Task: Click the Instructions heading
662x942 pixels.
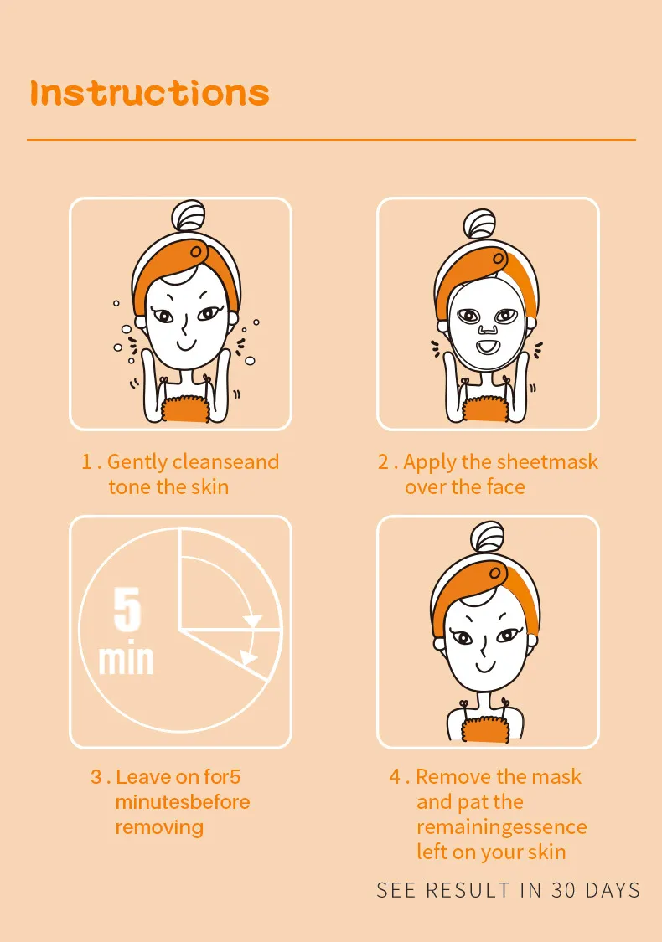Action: click(x=149, y=93)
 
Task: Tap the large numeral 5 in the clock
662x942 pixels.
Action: click(x=127, y=610)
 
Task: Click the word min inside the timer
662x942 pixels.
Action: click(x=126, y=660)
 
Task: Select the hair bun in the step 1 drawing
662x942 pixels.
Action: click(x=189, y=215)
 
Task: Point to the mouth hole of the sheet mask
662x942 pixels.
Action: click(x=488, y=347)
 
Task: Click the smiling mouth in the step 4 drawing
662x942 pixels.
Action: click(x=484, y=667)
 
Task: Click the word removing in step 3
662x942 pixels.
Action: click(x=159, y=827)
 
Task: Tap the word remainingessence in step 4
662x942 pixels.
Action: click(x=501, y=827)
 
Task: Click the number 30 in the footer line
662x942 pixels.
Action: click(x=564, y=890)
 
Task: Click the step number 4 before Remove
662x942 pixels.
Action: click(x=395, y=776)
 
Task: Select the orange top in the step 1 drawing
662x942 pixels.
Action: click(x=185, y=409)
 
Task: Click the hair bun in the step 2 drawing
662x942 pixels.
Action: click(x=480, y=224)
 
